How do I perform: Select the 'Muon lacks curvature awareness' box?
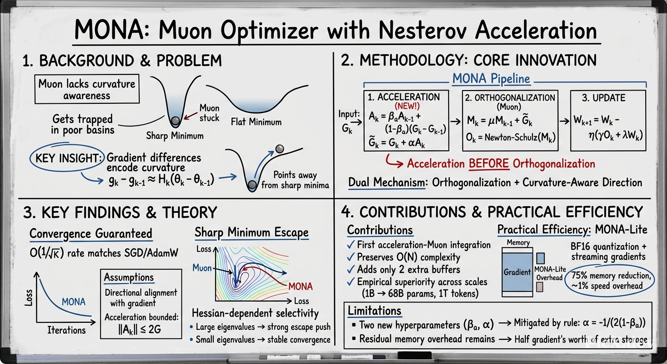tap(87, 89)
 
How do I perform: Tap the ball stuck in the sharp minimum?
tap(176, 121)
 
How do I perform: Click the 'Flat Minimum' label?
tap(256, 122)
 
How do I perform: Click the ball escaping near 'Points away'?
tap(279, 148)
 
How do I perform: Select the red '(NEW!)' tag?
tap(407, 106)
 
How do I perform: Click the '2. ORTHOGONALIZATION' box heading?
tap(510, 98)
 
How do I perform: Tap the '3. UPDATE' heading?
tap(604, 98)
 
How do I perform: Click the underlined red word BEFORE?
tap(489, 164)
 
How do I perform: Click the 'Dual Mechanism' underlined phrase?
tap(387, 182)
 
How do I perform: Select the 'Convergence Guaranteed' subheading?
tap(91, 234)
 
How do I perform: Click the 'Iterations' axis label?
tap(66, 330)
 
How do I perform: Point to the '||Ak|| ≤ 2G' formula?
tap(140, 329)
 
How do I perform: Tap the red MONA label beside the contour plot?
tap(300, 287)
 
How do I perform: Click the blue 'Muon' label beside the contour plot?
tap(202, 268)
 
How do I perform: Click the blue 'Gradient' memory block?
tap(517, 272)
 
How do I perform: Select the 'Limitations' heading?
tap(375, 311)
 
